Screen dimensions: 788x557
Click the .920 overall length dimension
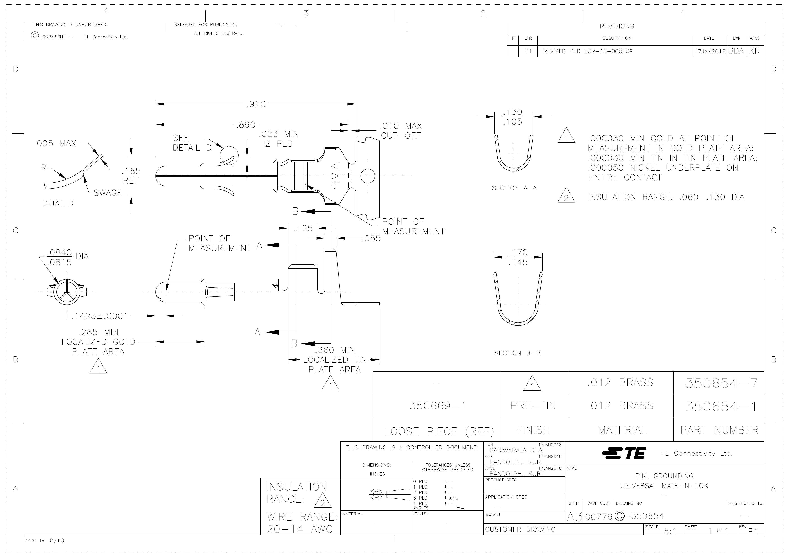click(256, 104)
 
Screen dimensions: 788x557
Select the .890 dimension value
click(246, 125)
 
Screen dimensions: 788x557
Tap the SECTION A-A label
click(514, 188)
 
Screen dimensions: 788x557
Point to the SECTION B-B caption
click(517, 353)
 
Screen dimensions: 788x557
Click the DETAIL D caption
click(58, 203)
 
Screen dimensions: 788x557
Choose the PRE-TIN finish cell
click(533, 406)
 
